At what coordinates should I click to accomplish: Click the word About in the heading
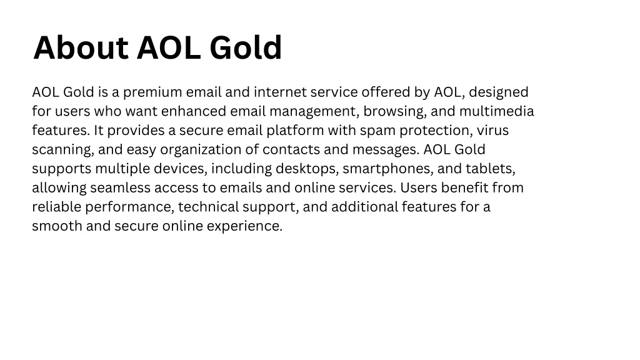[81, 47]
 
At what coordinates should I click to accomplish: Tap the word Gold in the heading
[245, 47]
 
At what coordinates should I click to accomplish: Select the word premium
[152, 92]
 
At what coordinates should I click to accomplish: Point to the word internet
[280, 92]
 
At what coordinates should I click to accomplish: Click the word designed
[498, 92]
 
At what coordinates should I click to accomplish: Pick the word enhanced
[194, 111]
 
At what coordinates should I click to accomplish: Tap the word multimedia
[496, 111]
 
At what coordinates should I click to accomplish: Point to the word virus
[492, 130]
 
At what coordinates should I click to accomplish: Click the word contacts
[291, 150]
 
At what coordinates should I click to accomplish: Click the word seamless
[121, 188]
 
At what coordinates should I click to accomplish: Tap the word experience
[244, 226]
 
